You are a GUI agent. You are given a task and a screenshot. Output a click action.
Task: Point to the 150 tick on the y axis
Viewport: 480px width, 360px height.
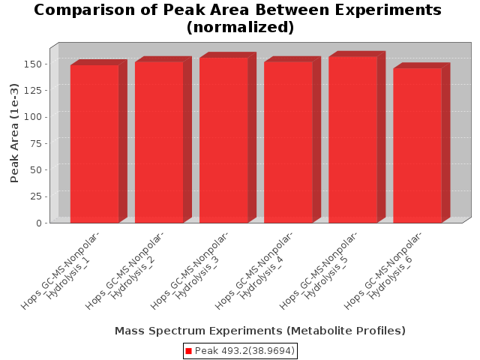[x=32, y=64]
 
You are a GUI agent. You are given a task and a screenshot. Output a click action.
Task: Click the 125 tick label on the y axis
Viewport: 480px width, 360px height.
[x=32, y=90]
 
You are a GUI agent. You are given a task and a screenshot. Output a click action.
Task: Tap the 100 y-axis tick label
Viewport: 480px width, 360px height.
[x=32, y=117]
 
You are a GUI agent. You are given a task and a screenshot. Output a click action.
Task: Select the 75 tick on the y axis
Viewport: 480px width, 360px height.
[x=35, y=143]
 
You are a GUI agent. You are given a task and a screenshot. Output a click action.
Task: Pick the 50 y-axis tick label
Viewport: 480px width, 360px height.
[x=35, y=170]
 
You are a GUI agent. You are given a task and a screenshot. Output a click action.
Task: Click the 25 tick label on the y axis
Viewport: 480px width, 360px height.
[x=35, y=196]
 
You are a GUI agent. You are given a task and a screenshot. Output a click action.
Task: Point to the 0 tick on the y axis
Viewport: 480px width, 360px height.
[x=38, y=223]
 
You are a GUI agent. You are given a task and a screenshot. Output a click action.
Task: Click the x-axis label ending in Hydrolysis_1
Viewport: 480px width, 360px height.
[x=61, y=271]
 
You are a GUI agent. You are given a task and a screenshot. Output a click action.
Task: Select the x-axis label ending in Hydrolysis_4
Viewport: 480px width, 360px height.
[x=254, y=271]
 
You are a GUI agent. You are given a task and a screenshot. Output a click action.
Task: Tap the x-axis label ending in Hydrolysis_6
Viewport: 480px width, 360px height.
[x=383, y=271]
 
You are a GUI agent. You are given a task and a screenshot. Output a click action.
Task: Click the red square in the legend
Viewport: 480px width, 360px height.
[x=188, y=351]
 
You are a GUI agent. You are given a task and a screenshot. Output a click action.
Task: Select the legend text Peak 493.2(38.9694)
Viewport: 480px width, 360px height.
[x=244, y=351]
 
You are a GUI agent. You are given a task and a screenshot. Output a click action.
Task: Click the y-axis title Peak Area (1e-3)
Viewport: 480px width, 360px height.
[x=14, y=133]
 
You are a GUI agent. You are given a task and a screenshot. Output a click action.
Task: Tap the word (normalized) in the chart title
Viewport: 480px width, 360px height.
[x=240, y=27]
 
